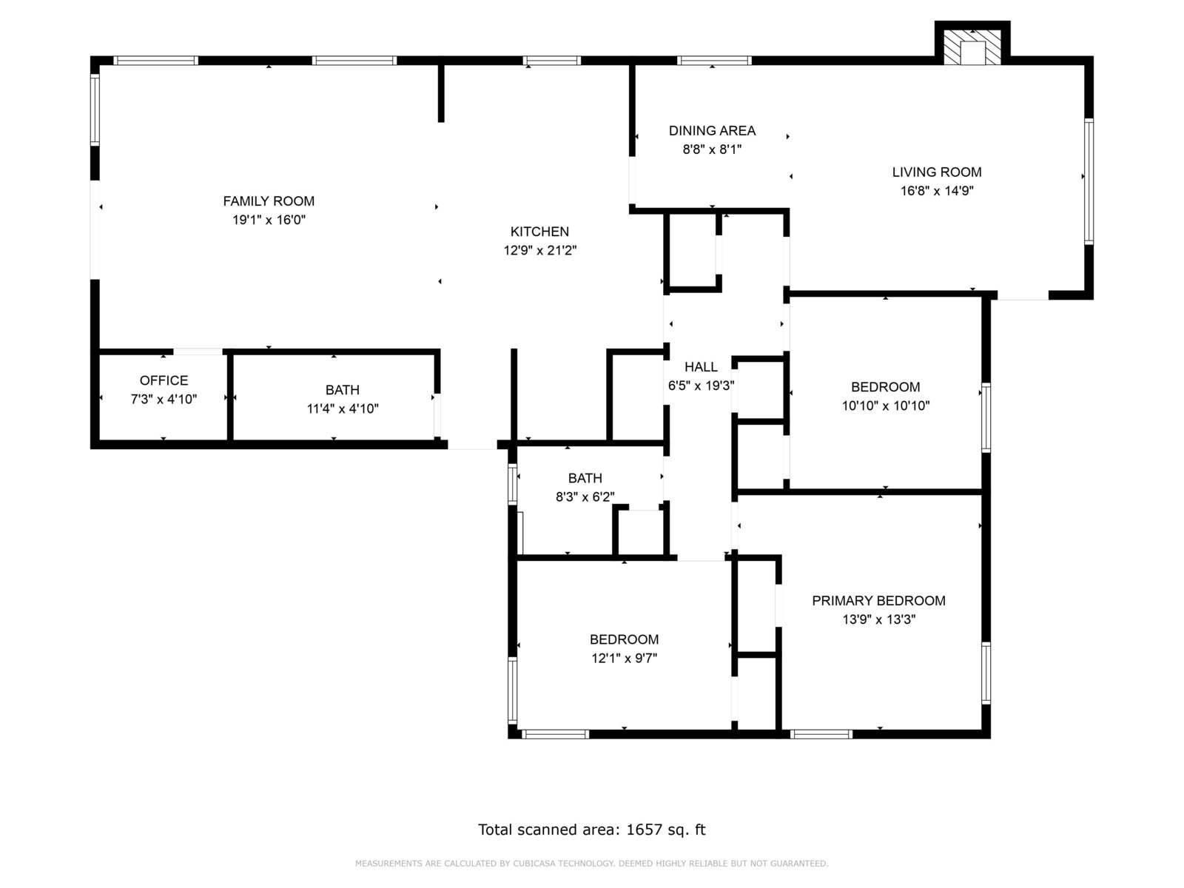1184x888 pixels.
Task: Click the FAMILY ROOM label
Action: click(x=269, y=201)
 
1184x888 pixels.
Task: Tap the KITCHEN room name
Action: click(x=539, y=232)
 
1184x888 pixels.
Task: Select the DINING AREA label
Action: click(x=712, y=130)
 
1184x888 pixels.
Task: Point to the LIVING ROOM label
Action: click(x=936, y=172)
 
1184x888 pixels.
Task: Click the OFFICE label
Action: click(x=164, y=380)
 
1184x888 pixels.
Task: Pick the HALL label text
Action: click(x=701, y=367)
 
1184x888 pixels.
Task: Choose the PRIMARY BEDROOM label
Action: click(x=878, y=601)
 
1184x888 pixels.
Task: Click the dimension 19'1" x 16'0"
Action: click(x=269, y=220)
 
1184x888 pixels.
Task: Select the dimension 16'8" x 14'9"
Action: click(x=936, y=191)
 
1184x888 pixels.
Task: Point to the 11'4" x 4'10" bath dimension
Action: click(x=343, y=408)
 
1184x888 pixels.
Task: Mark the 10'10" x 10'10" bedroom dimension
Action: click(x=886, y=406)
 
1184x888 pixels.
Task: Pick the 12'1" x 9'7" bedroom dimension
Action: click(x=624, y=659)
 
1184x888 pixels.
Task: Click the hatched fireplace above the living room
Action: click(x=972, y=47)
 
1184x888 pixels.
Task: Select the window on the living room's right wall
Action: click(x=1089, y=182)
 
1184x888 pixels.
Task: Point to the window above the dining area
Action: click(x=714, y=61)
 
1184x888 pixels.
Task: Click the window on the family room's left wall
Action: click(x=95, y=110)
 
